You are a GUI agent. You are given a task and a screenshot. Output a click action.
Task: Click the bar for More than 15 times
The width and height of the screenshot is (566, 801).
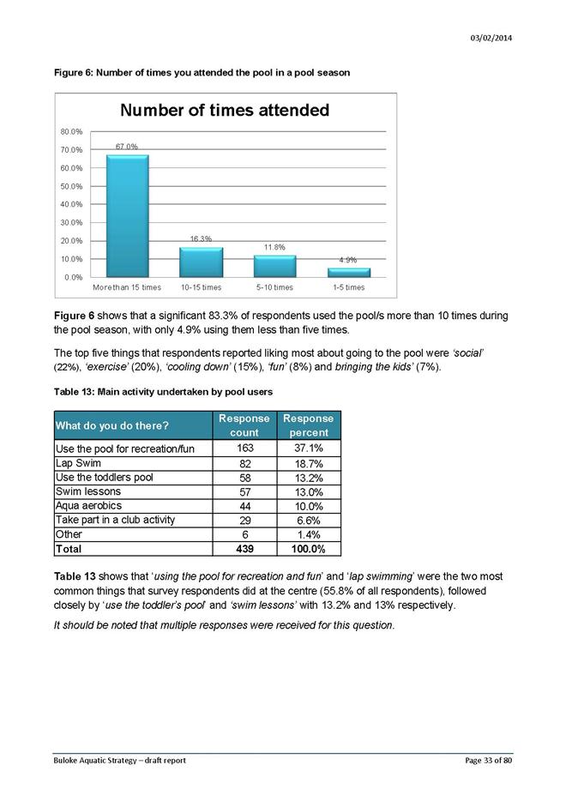[x=127, y=216]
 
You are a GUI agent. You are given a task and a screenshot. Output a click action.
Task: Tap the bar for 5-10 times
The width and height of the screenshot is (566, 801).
[x=274, y=267]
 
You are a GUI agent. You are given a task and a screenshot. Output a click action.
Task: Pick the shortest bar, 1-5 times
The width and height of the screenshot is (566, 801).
[x=348, y=273]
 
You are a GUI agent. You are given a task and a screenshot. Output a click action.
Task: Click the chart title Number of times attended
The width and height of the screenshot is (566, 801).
[x=224, y=111]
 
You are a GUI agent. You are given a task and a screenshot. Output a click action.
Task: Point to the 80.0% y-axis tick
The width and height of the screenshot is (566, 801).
[x=71, y=132]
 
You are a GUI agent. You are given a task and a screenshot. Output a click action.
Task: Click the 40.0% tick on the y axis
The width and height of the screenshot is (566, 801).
[x=71, y=205]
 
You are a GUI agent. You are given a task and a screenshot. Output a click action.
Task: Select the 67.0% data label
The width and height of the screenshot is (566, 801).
[x=127, y=148]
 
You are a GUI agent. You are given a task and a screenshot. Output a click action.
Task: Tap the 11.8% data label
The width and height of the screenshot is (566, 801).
[x=274, y=247]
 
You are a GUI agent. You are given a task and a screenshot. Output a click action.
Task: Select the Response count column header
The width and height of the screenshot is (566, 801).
[x=244, y=425]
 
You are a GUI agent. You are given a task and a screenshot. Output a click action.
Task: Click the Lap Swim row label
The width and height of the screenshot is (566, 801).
[x=77, y=463]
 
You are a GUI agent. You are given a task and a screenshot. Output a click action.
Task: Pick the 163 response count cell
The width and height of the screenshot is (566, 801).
[x=244, y=448]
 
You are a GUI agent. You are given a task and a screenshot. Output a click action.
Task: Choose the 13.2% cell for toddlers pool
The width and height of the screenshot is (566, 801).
[x=307, y=478]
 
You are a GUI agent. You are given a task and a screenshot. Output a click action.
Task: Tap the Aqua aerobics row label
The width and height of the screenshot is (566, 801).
[x=88, y=506]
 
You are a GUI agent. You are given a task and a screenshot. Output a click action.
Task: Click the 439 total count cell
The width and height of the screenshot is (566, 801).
[x=244, y=549]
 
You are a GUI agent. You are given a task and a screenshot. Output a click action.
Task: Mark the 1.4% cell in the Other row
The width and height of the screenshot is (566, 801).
[x=307, y=534]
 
